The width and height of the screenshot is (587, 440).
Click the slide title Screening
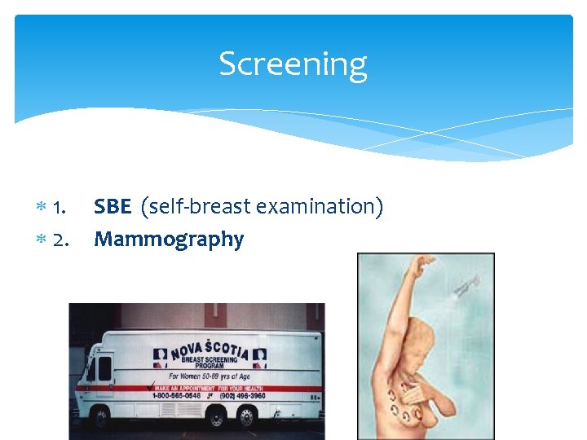pyautogui.click(x=293, y=64)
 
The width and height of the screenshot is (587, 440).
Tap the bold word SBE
pyautogui.click(x=113, y=207)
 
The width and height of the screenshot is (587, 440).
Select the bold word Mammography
pyautogui.click(x=169, y=240)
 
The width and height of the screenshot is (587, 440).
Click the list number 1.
pyautogui.click(x=59, y=208)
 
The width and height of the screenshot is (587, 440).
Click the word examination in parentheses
pyautogui.click(x=319, y=207)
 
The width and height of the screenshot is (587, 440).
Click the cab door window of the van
pyautogui.click(x=104, y=371)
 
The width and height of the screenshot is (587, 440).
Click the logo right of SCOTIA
pyautogui.click(x=259, y=355)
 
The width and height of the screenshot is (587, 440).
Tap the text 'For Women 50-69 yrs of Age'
pyautogui.click(x=210, y=376)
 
